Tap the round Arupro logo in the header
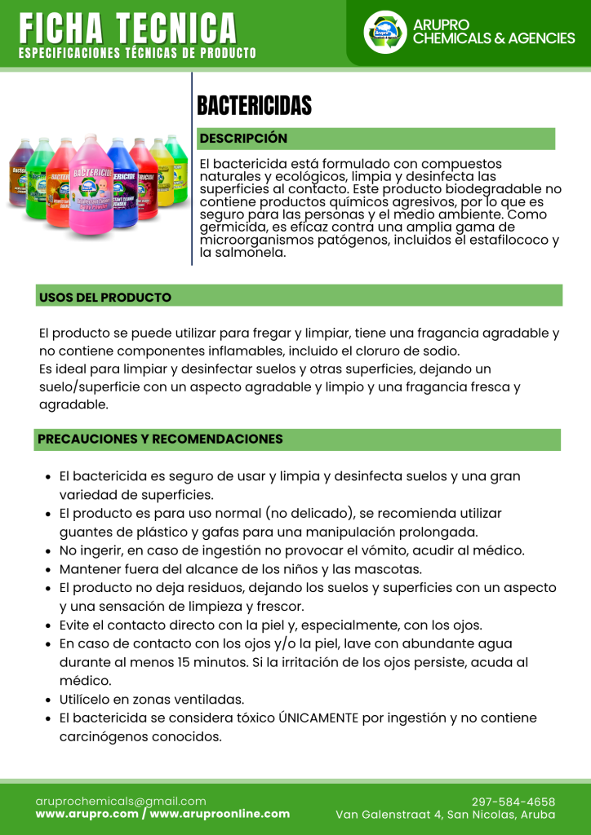384,32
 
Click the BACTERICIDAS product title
255,106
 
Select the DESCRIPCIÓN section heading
243,139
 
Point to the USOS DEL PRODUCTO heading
104,297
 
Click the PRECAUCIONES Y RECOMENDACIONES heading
160,439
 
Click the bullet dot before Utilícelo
48,700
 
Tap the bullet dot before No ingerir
48,550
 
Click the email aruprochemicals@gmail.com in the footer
121,801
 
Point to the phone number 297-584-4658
513,801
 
